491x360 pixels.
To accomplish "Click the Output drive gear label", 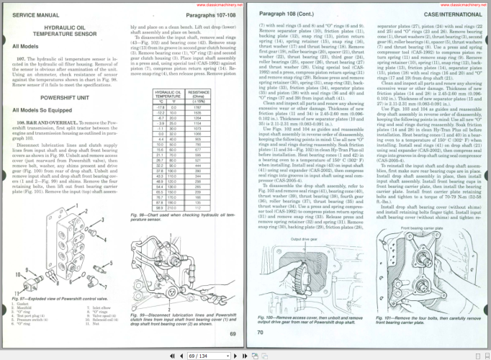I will tap(305, 258).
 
